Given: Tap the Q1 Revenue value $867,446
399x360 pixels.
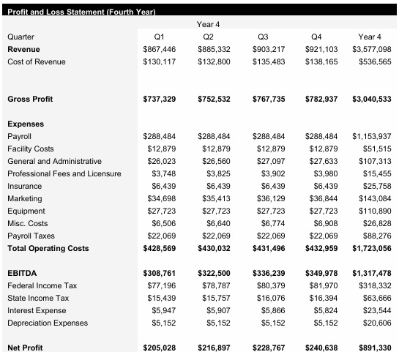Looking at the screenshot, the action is click(x=159, y=49).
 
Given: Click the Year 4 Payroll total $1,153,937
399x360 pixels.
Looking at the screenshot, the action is click(x=371, y=136).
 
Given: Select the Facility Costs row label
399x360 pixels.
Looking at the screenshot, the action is click(x=30, y=149).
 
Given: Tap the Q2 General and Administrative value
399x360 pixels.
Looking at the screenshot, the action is click(x=214, y=161).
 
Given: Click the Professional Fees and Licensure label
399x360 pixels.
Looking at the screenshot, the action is click(x=64, y=173).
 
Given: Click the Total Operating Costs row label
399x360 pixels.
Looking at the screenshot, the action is click(x=48, y=248).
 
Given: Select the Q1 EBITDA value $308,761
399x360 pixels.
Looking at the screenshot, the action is click(x=159, y=273).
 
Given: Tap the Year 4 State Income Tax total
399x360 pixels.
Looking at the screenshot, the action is click(x=376, y=298).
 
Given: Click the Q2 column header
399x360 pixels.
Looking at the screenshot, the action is click(x=208, y=37).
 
